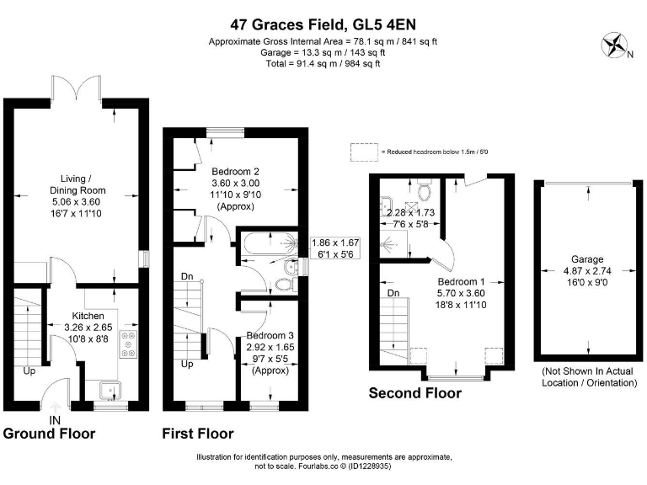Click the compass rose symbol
pos(614,45)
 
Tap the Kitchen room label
pos(88,316)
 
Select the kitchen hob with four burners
pos(129,344)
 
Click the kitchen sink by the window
pos(110,391)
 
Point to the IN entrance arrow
pos(55,408)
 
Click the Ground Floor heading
pos(49,434)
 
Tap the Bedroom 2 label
pos(235,171)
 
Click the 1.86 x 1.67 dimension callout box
pos(335,248)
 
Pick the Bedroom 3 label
pos(270,335)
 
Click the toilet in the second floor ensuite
pos(424,189)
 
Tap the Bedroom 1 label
pos(461,282)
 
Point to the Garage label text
pos(587,259)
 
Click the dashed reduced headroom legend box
pos(364,152)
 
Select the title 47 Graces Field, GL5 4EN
pos(323,24)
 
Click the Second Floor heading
pos(414,393)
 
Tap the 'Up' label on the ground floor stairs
pos(29,370)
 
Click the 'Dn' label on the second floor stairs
pos(393,293)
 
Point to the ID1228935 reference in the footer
pos(370,466)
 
